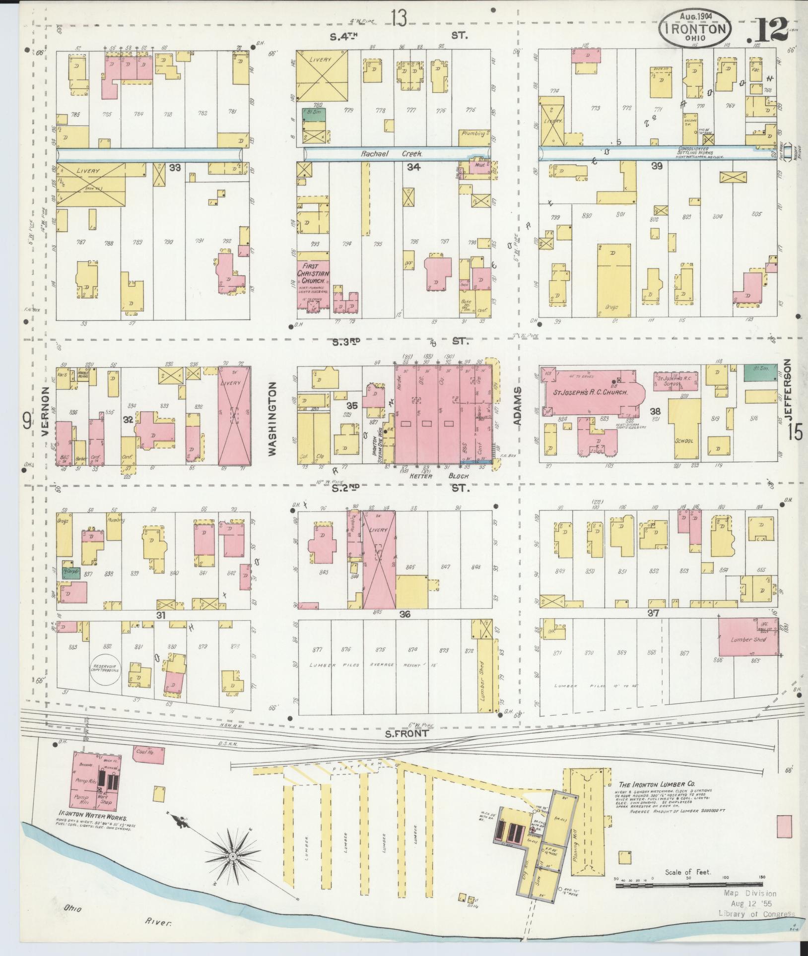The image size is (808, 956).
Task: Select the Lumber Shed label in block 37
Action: [x=748, y=639]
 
